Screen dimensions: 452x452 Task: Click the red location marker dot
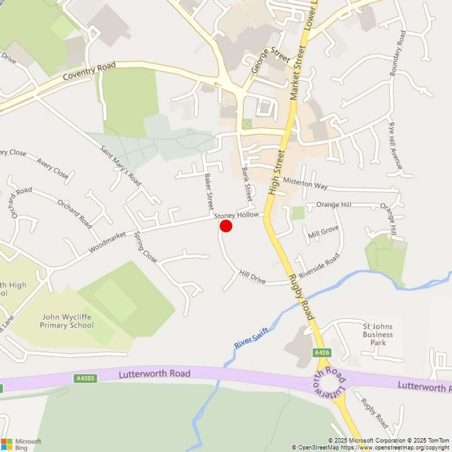pyautogui.click(x=226, y=226)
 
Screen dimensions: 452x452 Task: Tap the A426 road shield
pyautogui.click(x=322, y=353)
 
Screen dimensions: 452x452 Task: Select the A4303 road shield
pyautogui.click(x=86, y=378)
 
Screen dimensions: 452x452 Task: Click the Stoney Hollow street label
pyautogui.click(x=237, y=215)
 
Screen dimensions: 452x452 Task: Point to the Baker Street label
pyautogui.click(x=209, y=192)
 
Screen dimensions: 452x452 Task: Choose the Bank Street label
pyautogui.click(x=247, y=184)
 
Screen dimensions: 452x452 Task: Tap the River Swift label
pyautogui.click(x=251, y=338)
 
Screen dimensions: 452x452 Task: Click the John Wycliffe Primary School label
pyautogui.click(x=67, y=321)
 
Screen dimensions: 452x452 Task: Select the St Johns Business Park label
pyautogui.click(x=378, y=334)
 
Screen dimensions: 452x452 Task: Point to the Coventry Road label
pyautogui.click(x=89, y=71)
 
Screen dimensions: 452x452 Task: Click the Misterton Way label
pyautogui.click(x=305, y=183)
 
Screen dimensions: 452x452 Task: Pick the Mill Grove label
pyautogui.click(x=323, y=232)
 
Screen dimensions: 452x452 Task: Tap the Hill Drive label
pyautogui.click(x=252, y=277)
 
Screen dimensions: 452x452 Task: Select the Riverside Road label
pyautogui.click(x=319, y=266)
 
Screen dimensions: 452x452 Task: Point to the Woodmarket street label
pyautogui.click(x=107, y=243)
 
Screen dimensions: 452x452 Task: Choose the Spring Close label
pyautogui.click(x=145, y=247)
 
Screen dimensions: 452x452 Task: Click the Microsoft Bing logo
pyautogui.click(x=21, y=444)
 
